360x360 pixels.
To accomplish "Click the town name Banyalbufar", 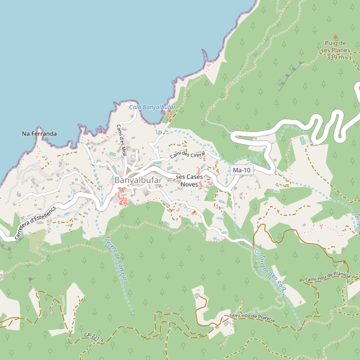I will tap(138, 180).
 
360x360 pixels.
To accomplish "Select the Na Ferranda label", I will tap(39, 133).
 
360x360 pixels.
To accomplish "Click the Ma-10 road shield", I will tap(242, 170).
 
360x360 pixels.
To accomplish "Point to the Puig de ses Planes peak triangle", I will tap(335, 36).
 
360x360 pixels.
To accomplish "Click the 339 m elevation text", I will tap(336, 58).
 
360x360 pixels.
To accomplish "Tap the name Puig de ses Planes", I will tap(336, 47).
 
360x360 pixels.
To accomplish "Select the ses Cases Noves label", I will tap(189, 181).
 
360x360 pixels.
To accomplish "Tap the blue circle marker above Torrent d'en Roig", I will tap(256, 252).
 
